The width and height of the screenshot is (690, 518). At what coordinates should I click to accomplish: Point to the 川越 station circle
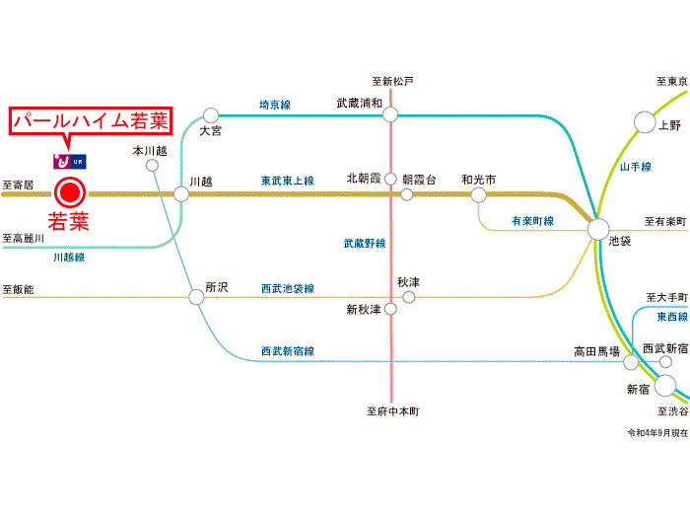point(181,194)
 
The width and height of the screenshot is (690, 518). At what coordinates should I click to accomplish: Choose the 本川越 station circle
point(152,166)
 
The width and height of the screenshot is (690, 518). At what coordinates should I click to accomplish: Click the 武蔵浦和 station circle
point(390,114)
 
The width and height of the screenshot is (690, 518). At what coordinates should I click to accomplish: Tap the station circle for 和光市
point(478,194)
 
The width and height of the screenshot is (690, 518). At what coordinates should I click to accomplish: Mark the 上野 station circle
point(645,122)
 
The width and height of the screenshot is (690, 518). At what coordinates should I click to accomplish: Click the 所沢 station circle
point(196,296)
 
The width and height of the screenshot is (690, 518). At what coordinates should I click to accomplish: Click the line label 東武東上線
point(287,182)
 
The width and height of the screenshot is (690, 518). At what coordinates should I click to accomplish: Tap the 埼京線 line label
point(275,104)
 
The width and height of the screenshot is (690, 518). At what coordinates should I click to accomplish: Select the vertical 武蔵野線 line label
point(365,243)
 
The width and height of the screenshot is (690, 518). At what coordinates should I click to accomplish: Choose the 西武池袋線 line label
point(287,288)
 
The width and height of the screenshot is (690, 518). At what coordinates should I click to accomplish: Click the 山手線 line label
point(636,168)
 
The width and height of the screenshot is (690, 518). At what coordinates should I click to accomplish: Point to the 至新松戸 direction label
point(393,81)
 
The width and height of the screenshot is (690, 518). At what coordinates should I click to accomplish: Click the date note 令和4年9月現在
point(655,433)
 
